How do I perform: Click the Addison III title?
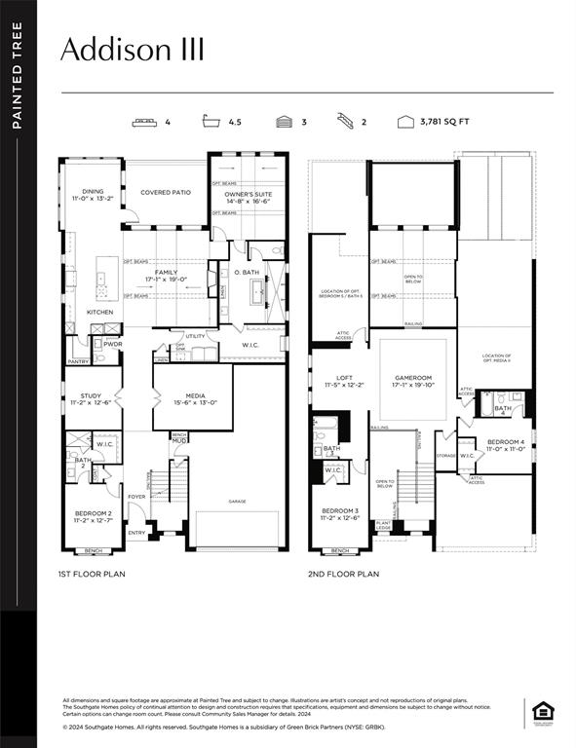click(133, 51)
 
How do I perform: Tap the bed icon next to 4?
click(146, 123)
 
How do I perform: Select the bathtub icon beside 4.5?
click(210, 123)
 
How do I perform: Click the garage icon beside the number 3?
click(284, 123)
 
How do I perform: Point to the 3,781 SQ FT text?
click(444, 123)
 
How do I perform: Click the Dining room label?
click(94, 195)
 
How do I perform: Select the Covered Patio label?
click(166, 193)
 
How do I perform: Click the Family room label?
click(166, 276)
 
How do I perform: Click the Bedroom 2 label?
click(94, 515)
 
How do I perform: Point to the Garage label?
click(238, 502)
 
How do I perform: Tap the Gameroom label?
click(412, 381)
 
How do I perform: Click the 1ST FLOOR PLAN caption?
click(92, 574)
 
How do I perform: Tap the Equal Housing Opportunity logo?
click(541, 712)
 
